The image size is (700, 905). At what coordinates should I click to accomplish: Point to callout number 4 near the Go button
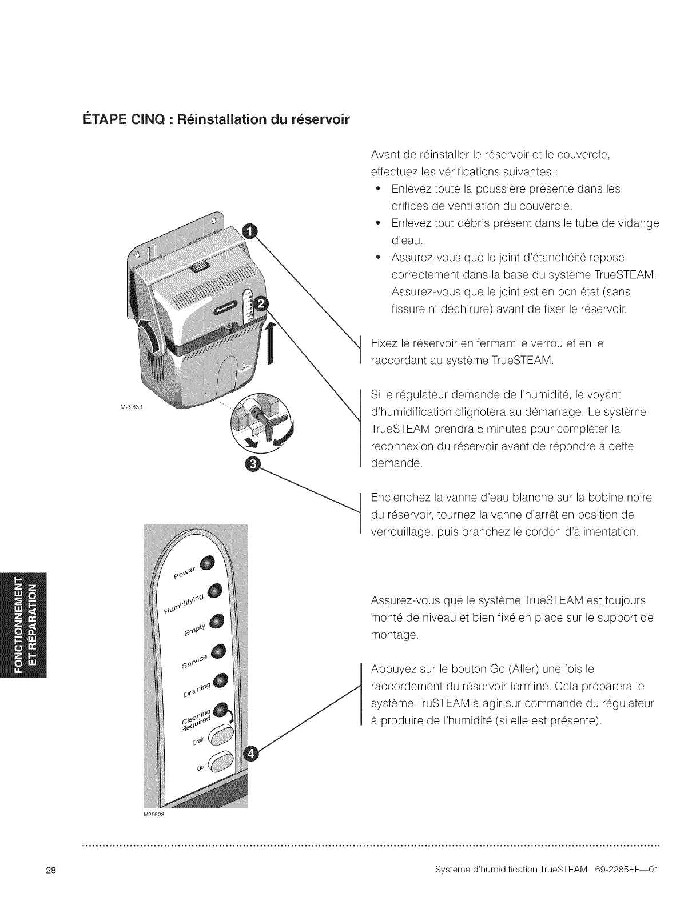[x=250, y=755]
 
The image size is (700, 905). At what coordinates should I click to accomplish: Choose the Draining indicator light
[x=221, y=680]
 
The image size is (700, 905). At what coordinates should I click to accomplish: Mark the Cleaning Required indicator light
[x=221, y=710]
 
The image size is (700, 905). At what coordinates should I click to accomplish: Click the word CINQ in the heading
[x=123, y=121]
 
